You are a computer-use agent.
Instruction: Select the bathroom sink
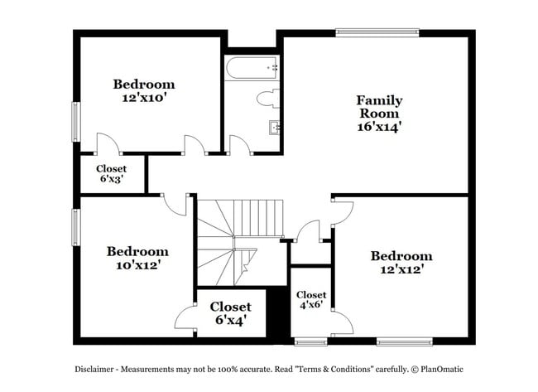pyautogui.click(x=274, y=128)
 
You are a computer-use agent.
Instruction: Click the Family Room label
pyautogui.click(x=379, y=106)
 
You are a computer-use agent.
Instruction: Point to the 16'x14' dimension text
pyautogui.click(x=379, y=128)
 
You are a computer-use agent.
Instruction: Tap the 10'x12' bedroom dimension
pyautogui.click(x=137, y=265)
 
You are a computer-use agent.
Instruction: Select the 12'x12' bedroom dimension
pyautogui.click(x=401, y=270)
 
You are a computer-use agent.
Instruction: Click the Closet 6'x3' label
pyautogui.click(x=111, y=174)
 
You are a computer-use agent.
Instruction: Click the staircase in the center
pyautogui.click(x=238, y=240)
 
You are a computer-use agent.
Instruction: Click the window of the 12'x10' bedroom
pyautogui.click(x=75, y=122)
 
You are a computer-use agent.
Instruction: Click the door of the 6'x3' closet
pyautogui.click(x=108, y=144)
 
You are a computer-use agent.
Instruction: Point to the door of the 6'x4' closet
pyautogui.click(x=186, y=317)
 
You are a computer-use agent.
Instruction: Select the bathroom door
pyautogui.click(x=240, y=146)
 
